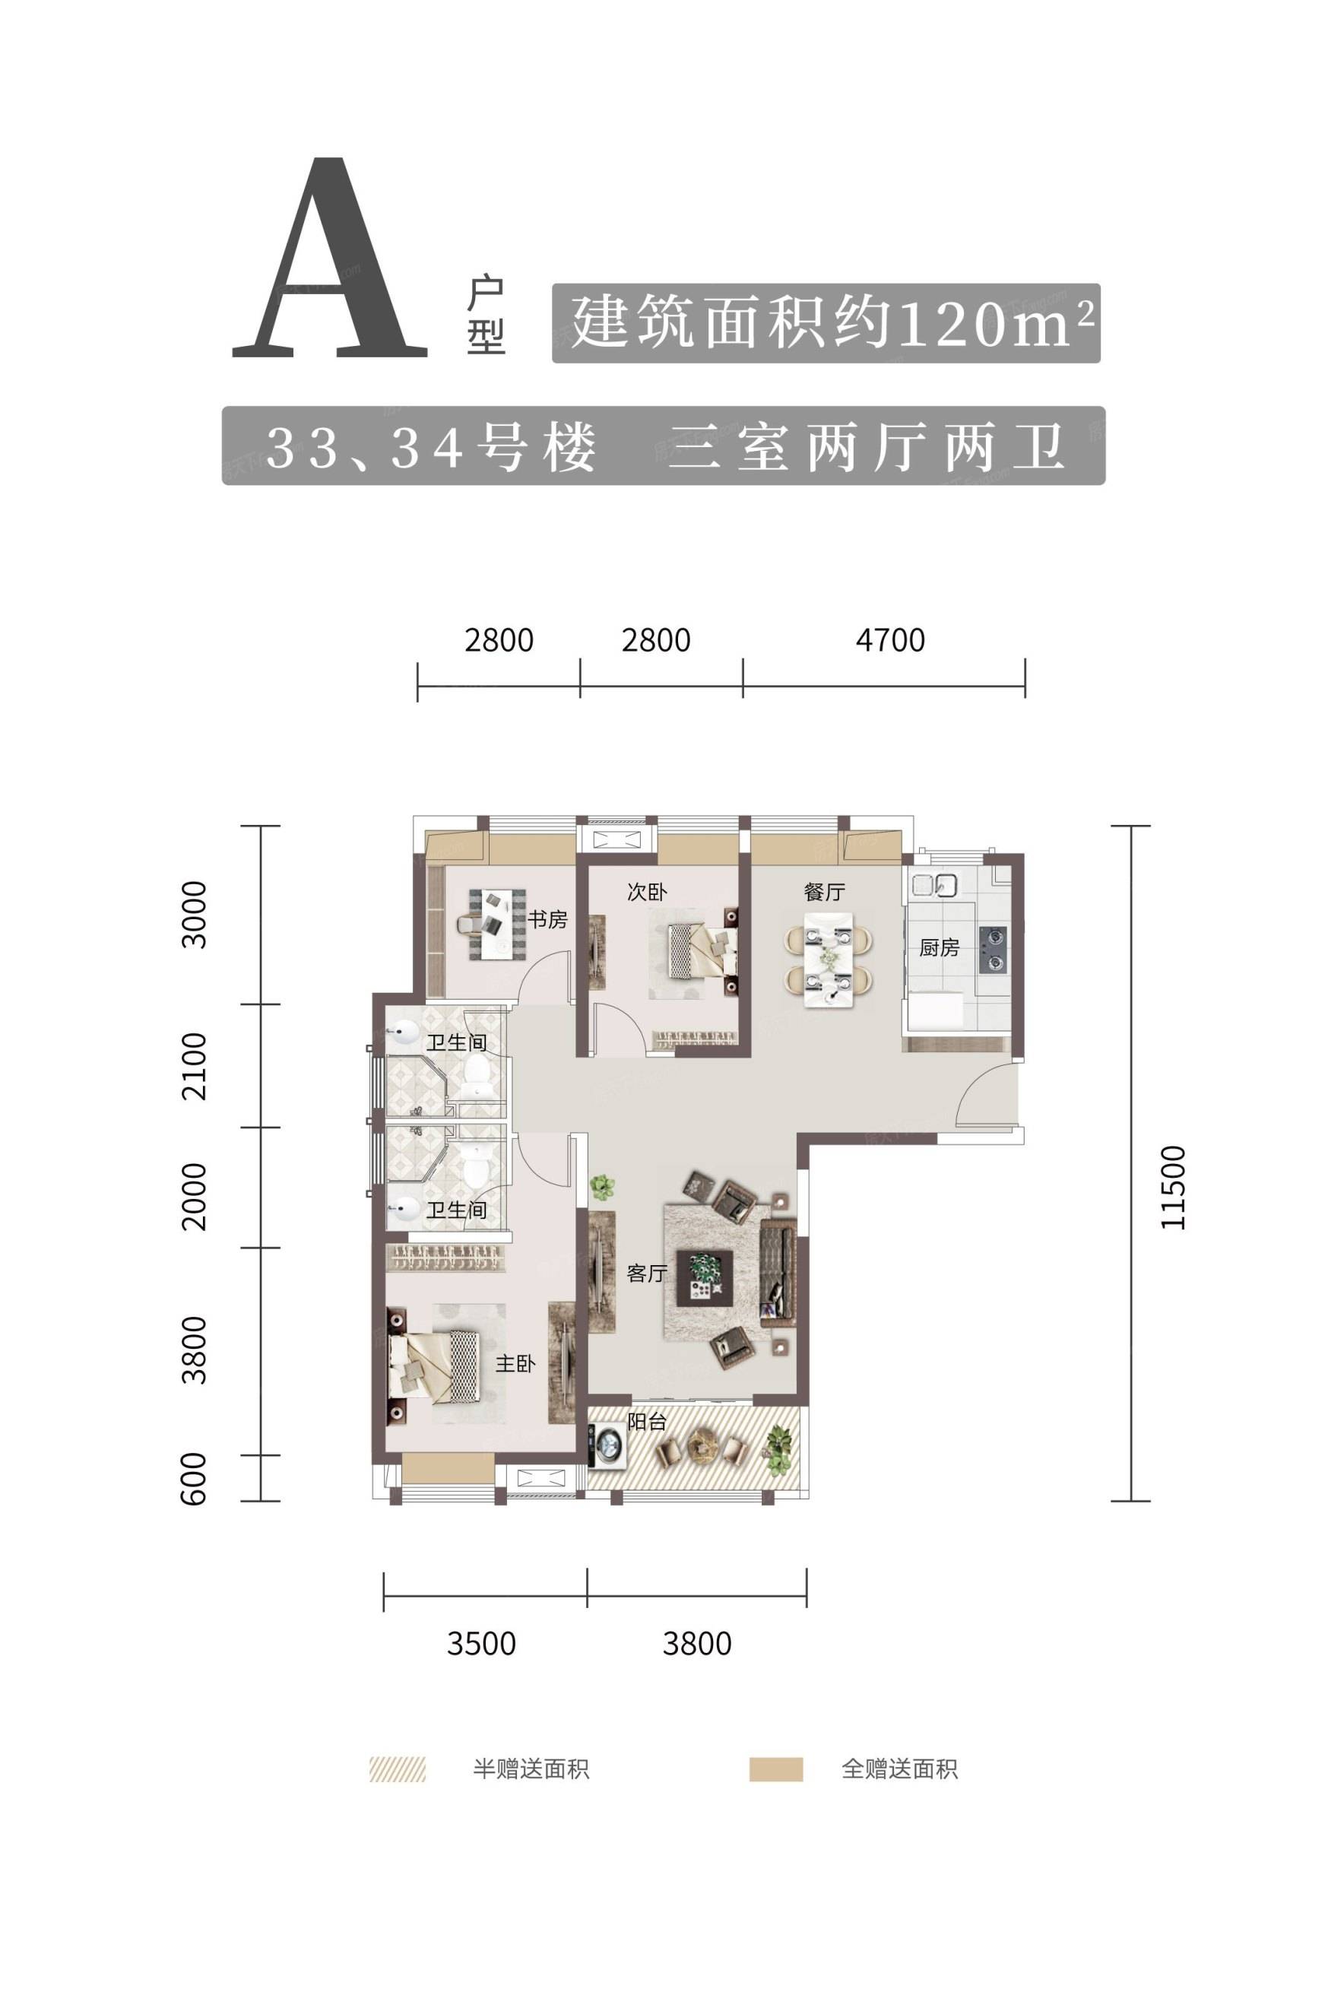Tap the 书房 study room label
point(547,919)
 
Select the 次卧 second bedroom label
point(647,891)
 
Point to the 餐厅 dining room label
point(824,891)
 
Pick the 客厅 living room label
point(647,1273)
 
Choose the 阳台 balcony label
point(647,1422)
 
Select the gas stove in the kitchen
point(993,949)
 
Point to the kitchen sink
point(933,885)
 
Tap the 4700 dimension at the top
point(890,640)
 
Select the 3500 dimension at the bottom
point(481,1643)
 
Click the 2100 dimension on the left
point(194,1065)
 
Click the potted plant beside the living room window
point(602,1187)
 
